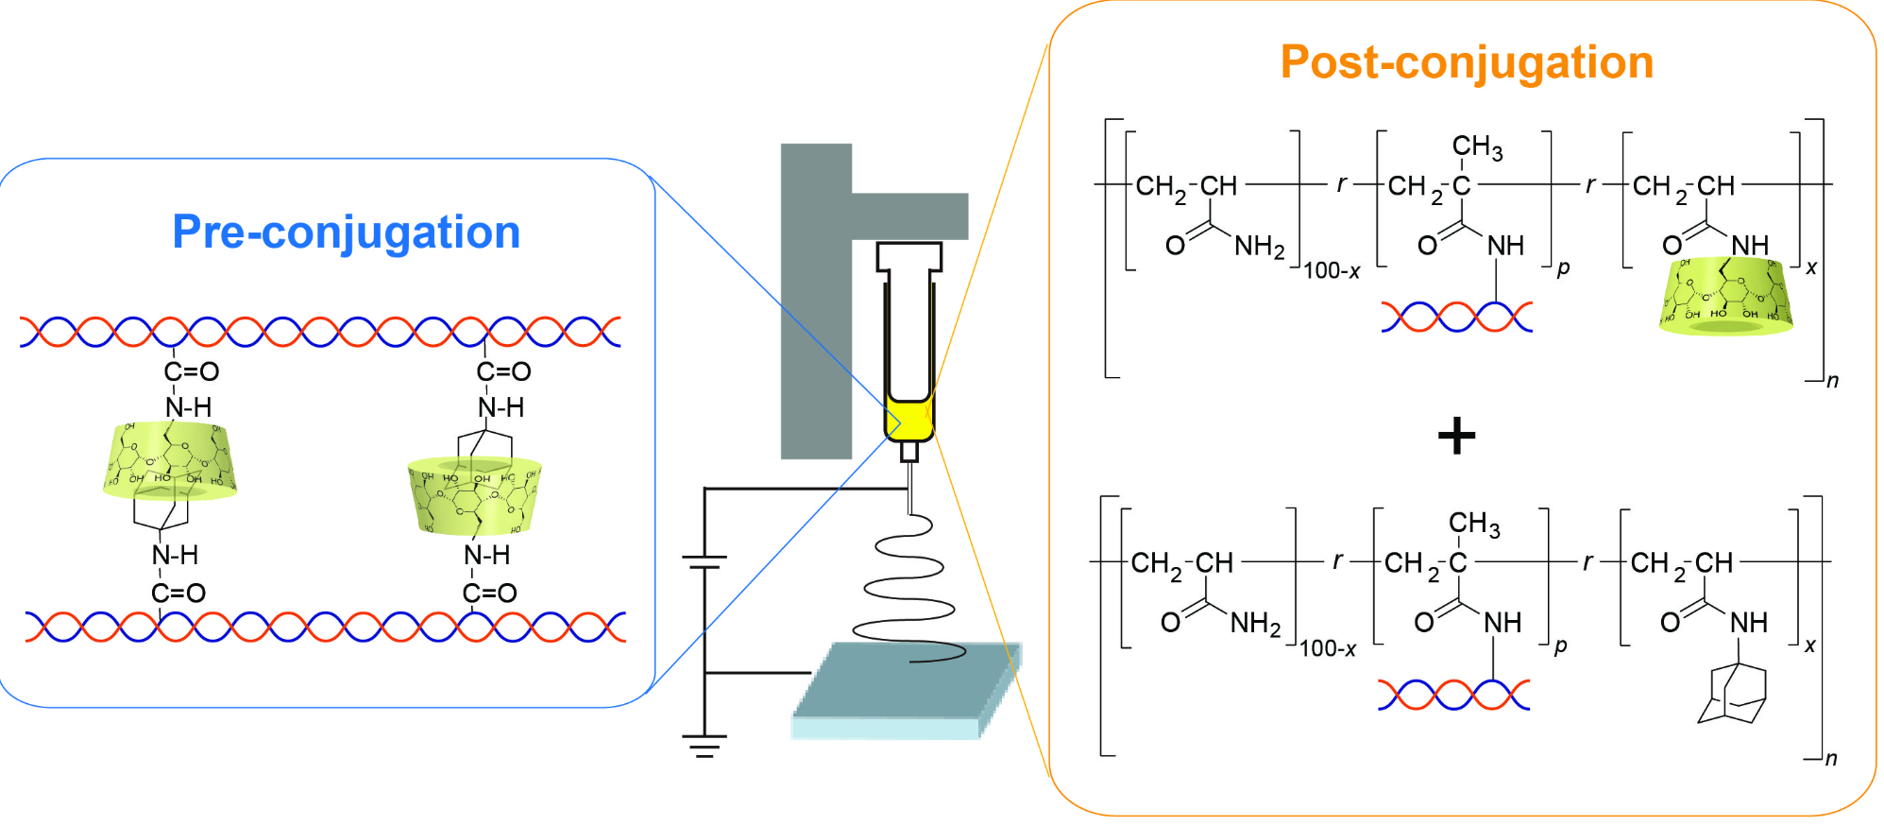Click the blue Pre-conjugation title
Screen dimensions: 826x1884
tap(346, 232)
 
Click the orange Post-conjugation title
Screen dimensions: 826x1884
tap(1466, 63)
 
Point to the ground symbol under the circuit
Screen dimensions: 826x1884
tap(704, 747)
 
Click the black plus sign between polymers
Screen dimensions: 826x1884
tap(1455, 436)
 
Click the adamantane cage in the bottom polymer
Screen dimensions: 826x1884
tap(1732, 695)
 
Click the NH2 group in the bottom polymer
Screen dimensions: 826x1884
tap(1255, 623)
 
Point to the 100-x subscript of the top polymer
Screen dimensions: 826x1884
tap(1332, 272)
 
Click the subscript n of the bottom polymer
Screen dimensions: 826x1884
tap(1831, 759)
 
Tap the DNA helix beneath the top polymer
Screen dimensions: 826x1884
tap(1456, 317)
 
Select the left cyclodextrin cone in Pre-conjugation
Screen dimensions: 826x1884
tap(170, 460)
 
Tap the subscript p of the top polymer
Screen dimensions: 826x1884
tap(1564, 268)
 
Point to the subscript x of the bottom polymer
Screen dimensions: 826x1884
tap(1809, 645)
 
